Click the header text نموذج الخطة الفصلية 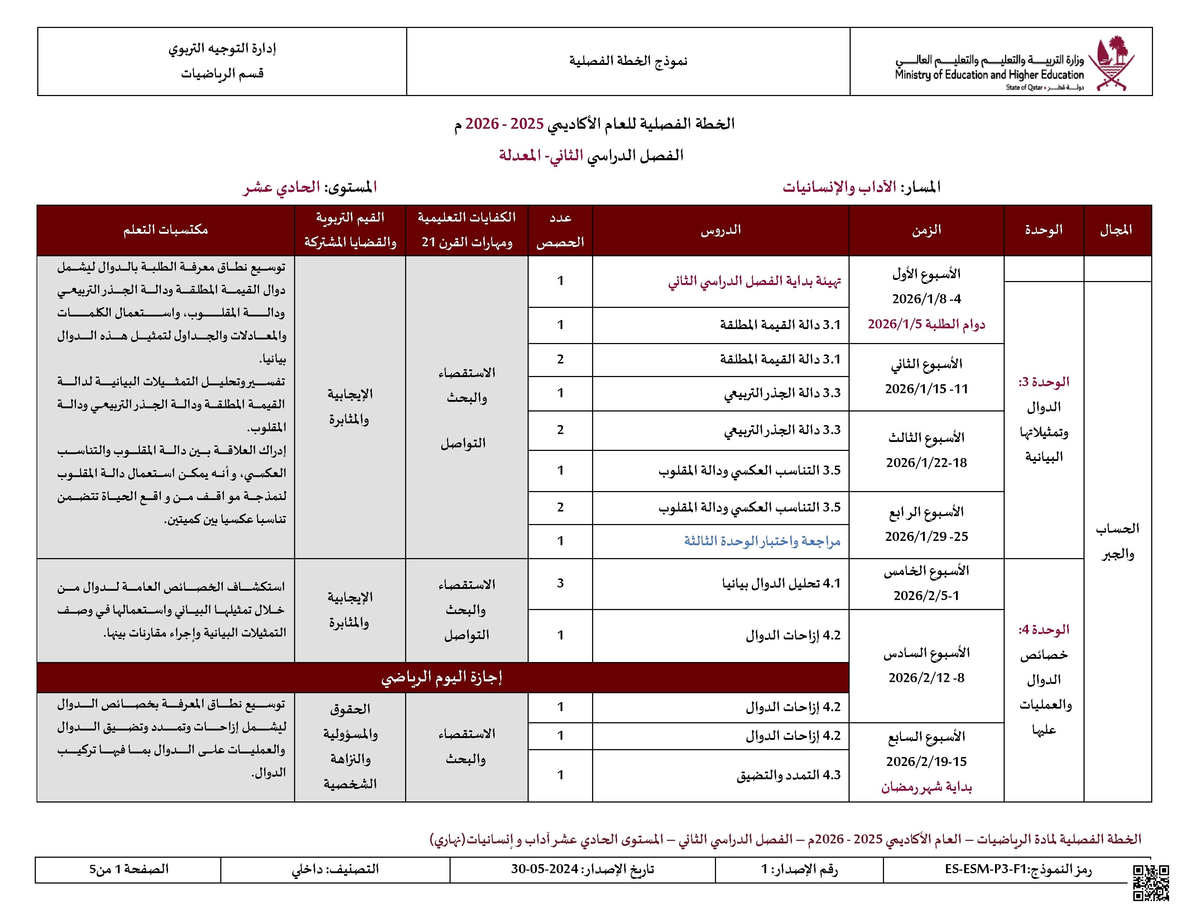click(628, 61)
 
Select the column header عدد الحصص click(560, 230)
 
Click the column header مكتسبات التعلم click(165, 230)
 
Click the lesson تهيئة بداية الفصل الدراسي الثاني click(754, 281)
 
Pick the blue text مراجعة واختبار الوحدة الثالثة click(761, 541)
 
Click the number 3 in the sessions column click(560, 583)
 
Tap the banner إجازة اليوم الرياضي click(442, 677)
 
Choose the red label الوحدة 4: click(1043, 630)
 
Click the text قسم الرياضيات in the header click(222, 73)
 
